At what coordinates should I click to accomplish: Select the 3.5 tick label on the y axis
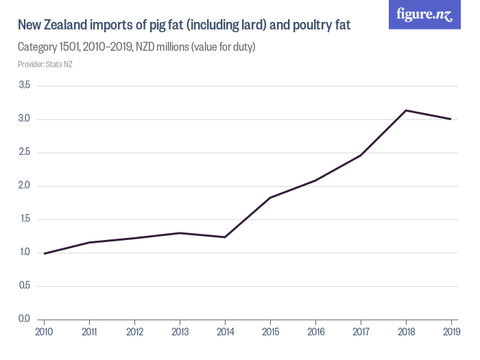point(24,86)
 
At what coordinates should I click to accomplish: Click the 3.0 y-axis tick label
point(24,119)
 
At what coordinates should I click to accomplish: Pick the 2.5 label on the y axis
point(24,152)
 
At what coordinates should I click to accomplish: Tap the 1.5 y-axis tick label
point(24,219)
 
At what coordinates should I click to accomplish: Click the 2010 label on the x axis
point(45,331)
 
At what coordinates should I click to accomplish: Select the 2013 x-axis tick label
point(180,331)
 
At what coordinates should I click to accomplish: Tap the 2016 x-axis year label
point(315,331)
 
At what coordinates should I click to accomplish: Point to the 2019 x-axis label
point(451,331)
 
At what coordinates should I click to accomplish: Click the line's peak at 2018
point(406,110)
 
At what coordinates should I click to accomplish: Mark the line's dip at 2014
point(225,237)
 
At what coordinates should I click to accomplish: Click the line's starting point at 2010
point(45,254)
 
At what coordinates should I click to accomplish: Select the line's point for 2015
point(270,197)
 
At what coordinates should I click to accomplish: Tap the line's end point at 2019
point(451,119)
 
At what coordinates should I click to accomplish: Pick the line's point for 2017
point(361,156)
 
